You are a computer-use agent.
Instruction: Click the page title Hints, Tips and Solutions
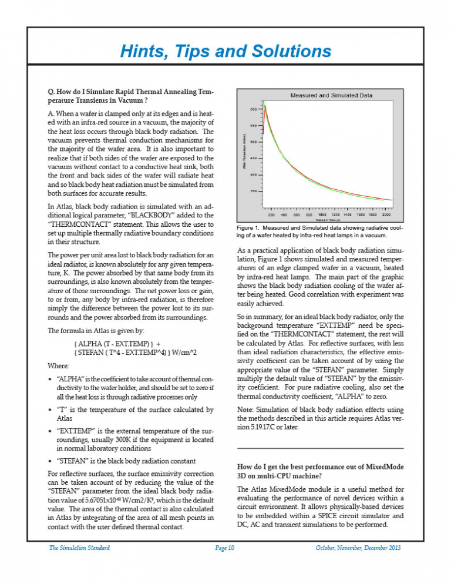pyautogui.click(x=225, y=51)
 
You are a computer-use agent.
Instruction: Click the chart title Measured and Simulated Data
pyautogui.click(x=323, y=95)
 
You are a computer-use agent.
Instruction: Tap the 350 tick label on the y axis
pyautogui.click(x=254, y=192)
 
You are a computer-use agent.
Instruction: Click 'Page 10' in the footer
pyautogui.click(x=225, y=548)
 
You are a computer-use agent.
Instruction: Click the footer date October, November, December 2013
pyautogui.click(x=358, y=548)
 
